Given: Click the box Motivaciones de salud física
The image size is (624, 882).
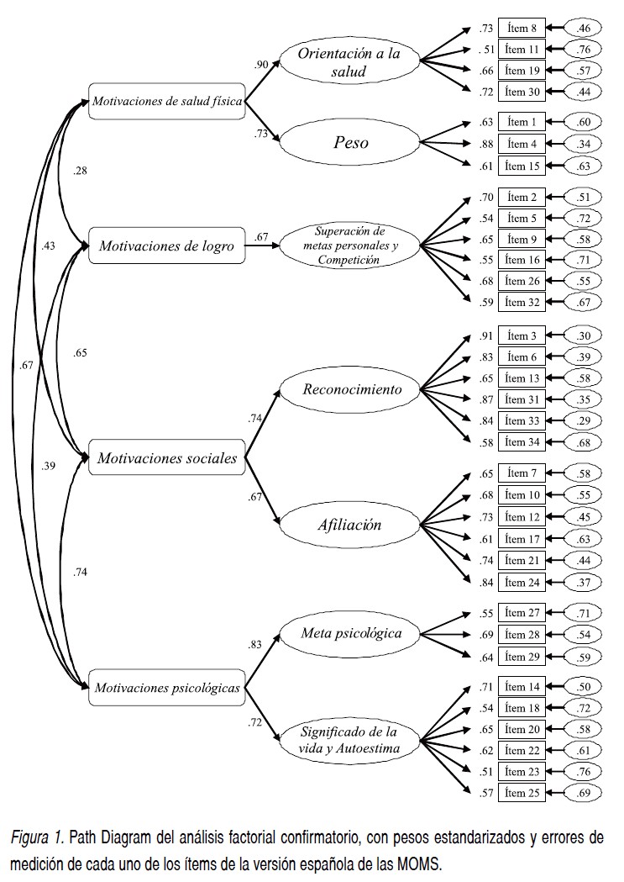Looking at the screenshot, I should (165, 102).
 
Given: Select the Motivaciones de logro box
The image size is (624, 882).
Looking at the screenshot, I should (166, 246).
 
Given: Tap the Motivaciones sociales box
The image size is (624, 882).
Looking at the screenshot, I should (166, 458).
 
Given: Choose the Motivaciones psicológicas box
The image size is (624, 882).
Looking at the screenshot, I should (166, 687).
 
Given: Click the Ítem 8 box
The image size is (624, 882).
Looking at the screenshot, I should (522, 29).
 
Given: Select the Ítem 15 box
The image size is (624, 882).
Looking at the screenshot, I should (522, 166).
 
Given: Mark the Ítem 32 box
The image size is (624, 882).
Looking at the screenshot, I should (522, 301).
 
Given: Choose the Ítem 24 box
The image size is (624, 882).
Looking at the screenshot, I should (522, 581).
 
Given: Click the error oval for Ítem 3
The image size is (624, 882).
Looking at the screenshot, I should (584, 336).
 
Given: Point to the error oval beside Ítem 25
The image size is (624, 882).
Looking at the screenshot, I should (584, 791).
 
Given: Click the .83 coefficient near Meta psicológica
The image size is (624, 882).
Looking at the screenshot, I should (255, 645).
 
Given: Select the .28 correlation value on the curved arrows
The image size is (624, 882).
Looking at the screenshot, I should (81, 172).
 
